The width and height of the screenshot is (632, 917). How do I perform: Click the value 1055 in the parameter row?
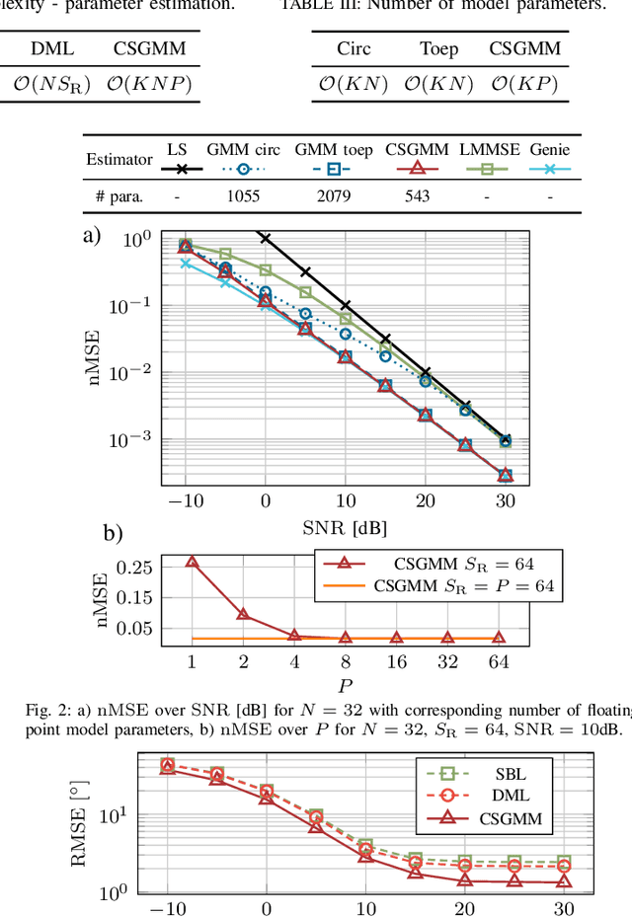click(x=242, y=196)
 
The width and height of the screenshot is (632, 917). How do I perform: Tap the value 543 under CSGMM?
click(x=417, y=196)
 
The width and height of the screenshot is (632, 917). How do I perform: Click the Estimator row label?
click(x=119, y=159)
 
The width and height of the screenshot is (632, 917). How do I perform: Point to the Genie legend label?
click(x=550, y=149)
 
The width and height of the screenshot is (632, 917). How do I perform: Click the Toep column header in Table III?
click(x=439, y=47)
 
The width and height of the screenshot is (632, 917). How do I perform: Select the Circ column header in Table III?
click(x=355, y=47)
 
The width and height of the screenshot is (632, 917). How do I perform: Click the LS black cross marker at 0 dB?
click(x=265, y=238)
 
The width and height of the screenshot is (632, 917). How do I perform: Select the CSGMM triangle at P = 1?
click(x=192, y=562)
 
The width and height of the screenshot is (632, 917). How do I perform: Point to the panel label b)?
click(x=114, y=534)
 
